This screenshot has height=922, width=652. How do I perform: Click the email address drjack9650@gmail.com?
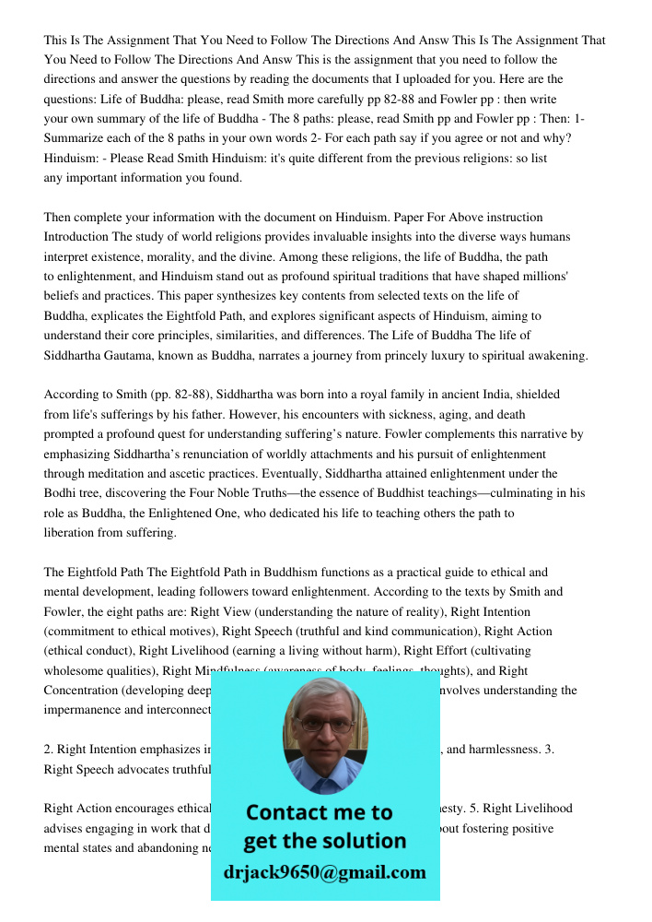pyautogui.click(x=325, y=872)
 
